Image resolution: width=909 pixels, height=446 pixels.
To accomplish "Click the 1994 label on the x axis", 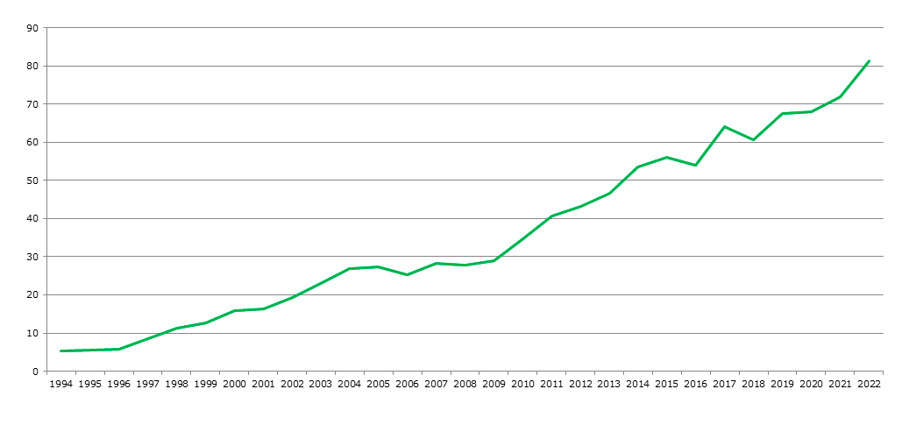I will (61, 384).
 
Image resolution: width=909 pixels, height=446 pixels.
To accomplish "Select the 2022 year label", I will (869, 384).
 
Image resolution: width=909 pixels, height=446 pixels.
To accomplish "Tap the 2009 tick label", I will (494, 384).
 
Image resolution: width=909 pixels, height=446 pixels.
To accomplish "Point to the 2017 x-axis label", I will (724, 384).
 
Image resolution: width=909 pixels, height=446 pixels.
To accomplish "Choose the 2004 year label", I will (349, 384).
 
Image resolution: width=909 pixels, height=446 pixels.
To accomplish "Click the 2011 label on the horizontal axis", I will (551, 384).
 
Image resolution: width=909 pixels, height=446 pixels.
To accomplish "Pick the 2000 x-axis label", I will (234, 384).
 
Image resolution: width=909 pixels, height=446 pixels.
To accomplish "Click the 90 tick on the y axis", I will (32, 28).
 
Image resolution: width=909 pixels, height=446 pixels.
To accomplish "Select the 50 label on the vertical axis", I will (32, 181).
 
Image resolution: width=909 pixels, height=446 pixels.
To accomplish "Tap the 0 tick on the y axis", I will (35, 372).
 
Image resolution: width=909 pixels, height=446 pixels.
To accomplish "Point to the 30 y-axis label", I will (32, 257).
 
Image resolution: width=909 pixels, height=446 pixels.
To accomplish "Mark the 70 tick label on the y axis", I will (32, 104).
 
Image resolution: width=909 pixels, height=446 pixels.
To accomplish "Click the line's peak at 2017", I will (724, 127).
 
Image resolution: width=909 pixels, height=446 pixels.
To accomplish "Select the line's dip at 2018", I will (753, 140).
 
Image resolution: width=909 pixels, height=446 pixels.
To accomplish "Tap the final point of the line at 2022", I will (869, 60).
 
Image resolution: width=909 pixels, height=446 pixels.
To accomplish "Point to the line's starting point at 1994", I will (61, 351).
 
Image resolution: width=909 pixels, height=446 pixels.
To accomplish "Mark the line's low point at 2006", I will (407, 275).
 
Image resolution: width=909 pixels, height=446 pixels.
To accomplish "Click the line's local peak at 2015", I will (667, 158).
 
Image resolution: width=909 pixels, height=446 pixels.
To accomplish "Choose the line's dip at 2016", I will (695, 166).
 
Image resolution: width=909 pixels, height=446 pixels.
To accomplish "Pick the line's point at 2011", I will (551, 216).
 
